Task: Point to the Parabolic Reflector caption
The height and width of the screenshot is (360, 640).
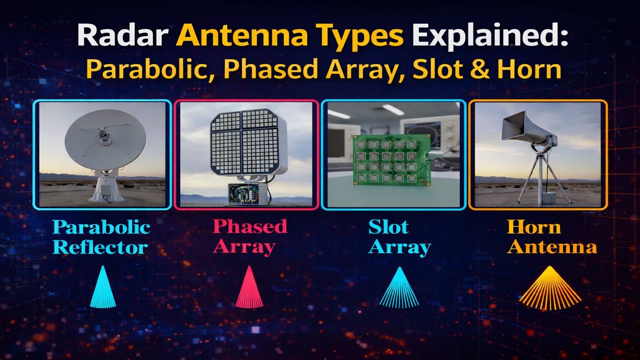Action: tap(101, 237)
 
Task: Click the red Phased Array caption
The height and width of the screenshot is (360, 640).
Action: tap(249, 237)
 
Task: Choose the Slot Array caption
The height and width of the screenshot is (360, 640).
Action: tap(399, 237)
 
